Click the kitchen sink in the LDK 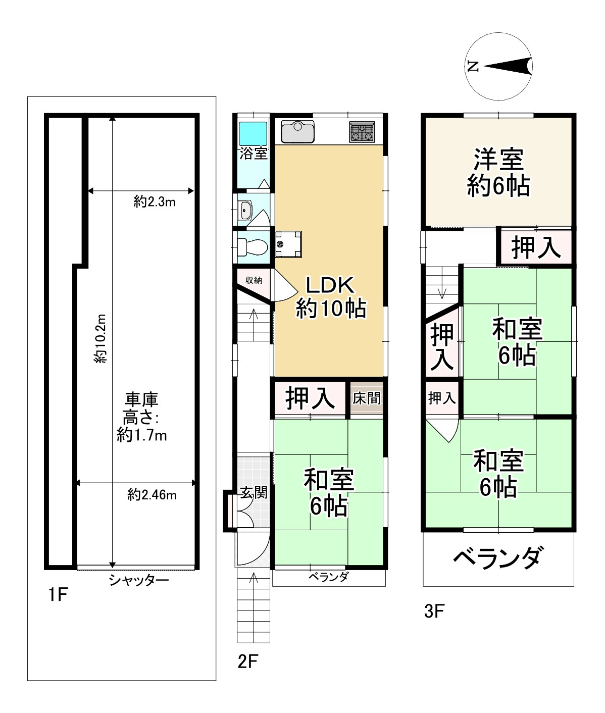(x=297, y=131)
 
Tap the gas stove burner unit (x=362, y=132)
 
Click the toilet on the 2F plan (x=253, y=246)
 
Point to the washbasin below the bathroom (x=245, y=211)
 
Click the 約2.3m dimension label (x=155, y=202)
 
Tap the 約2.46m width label (x=152, y=495)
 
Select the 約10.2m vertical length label (x=100, y=338)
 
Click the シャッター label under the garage (x=139, y=581)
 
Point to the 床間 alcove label (x=366, y=398)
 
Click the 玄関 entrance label (x=254, y=492)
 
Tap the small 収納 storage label (x=254, y=280)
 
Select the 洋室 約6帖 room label (x=498, y=173)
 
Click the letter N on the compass (x=473, y=66)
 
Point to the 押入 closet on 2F (x=310, y=399)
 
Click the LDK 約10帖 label (x=330, y=297)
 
